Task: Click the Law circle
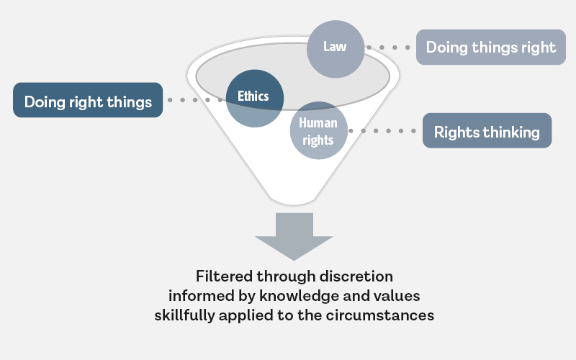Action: tap(335, 48)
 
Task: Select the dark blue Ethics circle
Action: tap(253, 97)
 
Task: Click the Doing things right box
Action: tap(490, 48)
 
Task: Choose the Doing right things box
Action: tap(88, 100)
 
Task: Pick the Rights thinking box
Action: tap(487, 131)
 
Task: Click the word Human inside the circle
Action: tap(318, 122)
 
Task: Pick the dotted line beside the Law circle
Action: tap(389, 48)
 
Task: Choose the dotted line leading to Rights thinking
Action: tap(386, 131)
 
